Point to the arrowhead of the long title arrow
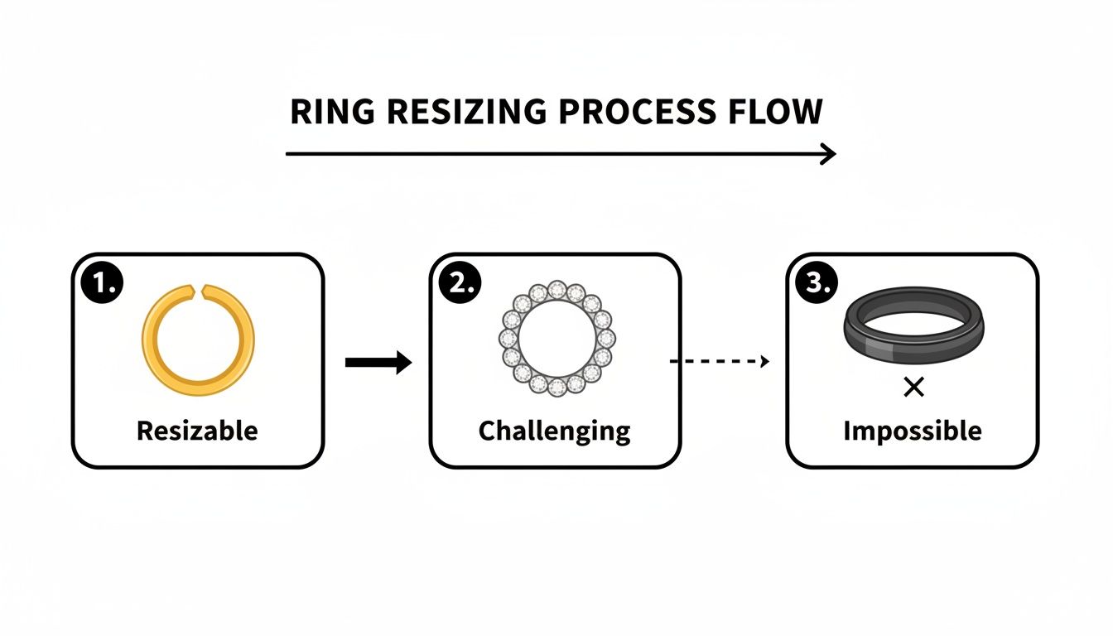[x=829, y=154]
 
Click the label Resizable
[x=197, y=431]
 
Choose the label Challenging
[x=554, y=431]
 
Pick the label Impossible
[x=912, y=431]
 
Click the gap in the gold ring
[x=199, y=290]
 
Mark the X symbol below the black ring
[x=913, y=387]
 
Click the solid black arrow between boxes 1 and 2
[x=378, y=362]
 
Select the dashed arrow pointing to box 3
[x=719, y=361]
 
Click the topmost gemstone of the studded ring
[x=556, y=290]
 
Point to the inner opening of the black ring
[x=913, y=321]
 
